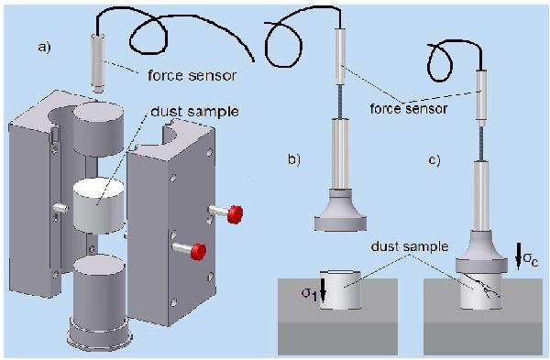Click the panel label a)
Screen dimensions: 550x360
(x=45, y=47)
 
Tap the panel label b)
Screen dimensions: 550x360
(x=294, y=159)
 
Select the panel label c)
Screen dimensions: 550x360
(x=434, y=160)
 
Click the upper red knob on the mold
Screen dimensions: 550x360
(x=235, y=214)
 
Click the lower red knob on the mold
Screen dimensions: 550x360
(x=198, y=251)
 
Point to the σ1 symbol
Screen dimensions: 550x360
(x=310, y=294)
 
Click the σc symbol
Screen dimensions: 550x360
(x=531, y=259)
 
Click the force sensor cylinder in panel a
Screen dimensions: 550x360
(x=98, y=62)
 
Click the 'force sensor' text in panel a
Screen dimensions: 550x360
(x=192, y=76)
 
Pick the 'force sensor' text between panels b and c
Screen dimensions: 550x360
(x=408, y=109)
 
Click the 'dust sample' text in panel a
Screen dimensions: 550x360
(x=194, y=112)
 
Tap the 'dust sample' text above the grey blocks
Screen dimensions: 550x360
(x=410, y=246)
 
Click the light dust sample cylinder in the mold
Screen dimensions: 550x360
(x=99, y=205)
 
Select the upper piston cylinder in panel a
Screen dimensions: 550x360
(x=99, y=128)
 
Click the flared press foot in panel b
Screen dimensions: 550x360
(x=340, y=211)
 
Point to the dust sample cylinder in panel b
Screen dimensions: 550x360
(x=340, y=289)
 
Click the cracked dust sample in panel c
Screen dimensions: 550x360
(x=481, y=291)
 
